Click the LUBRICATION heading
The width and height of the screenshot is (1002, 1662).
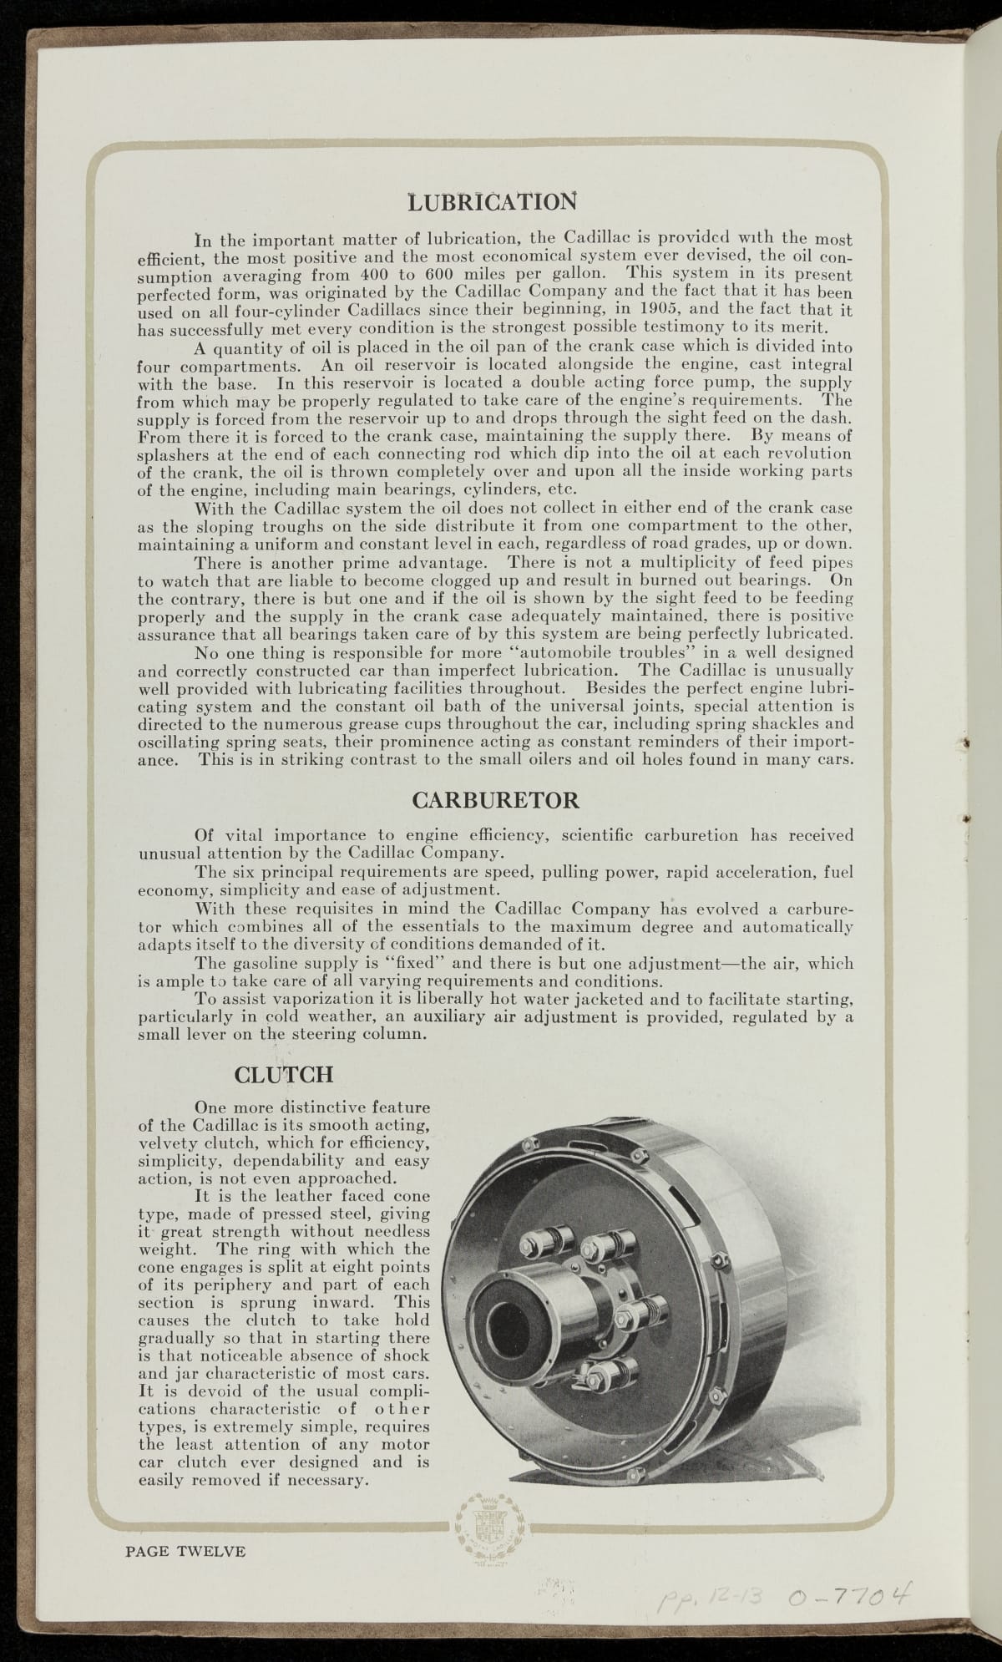coord(492,202)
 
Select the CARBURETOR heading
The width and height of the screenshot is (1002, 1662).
coord(496,800)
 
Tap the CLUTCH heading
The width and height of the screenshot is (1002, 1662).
coord(284,1073)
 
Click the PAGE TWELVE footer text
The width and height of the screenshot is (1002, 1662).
coord(185,1552)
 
